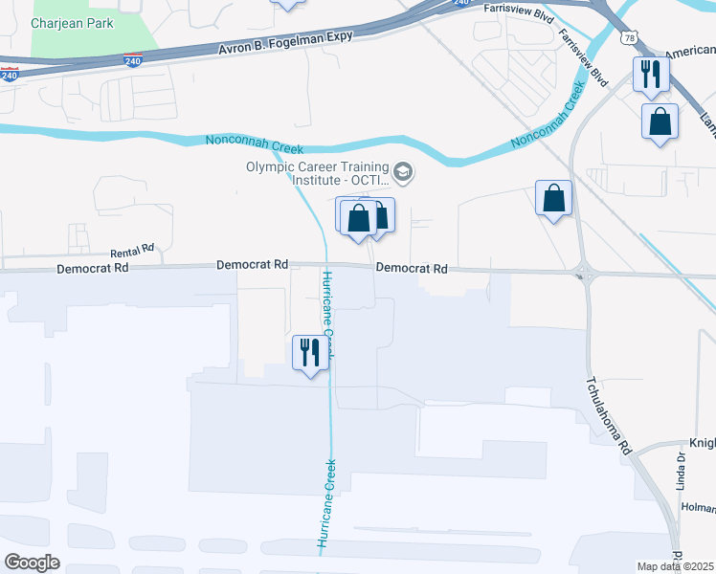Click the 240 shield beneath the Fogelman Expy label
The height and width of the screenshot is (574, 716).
(x=133, y=60)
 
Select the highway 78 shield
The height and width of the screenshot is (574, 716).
(x=628, y=37)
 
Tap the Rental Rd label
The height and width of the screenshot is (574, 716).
(x=132, y=251)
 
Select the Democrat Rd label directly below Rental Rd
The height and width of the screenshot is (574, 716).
(x=92, y=269)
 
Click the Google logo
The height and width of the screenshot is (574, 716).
(x=32, y=563)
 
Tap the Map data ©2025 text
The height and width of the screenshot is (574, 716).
(x=676, y=566)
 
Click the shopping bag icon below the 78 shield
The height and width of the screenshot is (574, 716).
(x=660, y=121)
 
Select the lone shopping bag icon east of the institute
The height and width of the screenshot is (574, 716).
(x=553, y=198)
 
